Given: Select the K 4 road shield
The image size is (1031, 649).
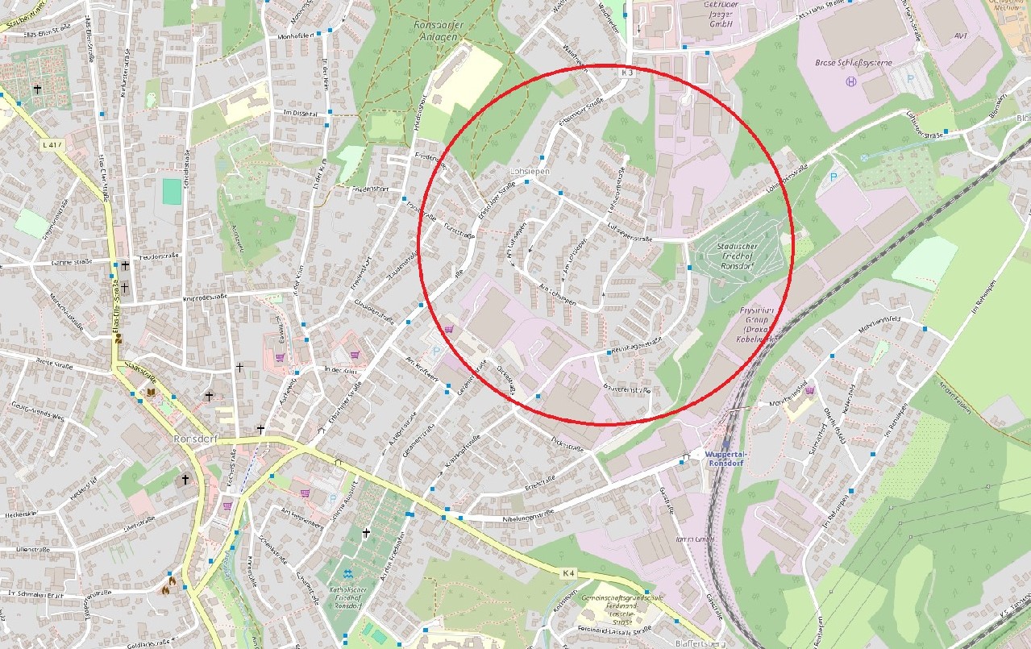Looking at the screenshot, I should pyautogui.click(x=568, y=573).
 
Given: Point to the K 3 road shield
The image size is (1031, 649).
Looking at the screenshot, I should pyautogui.click(x=629, y=73).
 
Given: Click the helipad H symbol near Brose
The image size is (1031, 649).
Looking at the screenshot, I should pyautogui.click(x=850, y=81).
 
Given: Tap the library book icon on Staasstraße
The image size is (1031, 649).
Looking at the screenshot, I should pyautogui.click(x=149, y=393).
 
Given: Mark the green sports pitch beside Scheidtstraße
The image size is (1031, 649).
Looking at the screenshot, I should pyautogui.click(x=172, y=191).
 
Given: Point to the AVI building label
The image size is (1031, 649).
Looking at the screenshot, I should pyautogui.click(x=960, y=35).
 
